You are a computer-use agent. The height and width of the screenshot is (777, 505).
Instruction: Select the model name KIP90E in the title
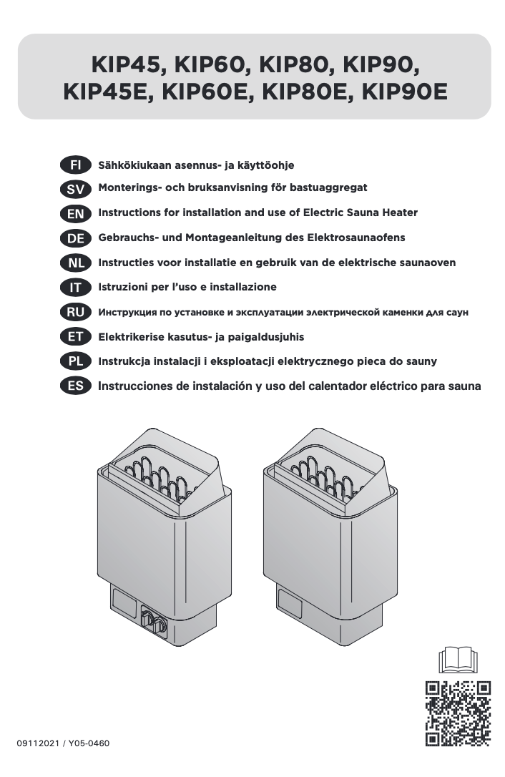[x=404, y=92]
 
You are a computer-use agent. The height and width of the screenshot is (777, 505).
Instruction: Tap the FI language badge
[x=75, y=165]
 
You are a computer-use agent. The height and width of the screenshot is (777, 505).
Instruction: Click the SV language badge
[x=75, y=189]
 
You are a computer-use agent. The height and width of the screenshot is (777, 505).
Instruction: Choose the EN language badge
[x=75, y=214]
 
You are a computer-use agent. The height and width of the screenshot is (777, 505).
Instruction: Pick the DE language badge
[x=75, y=238]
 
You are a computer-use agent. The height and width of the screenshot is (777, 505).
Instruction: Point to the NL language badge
[x=75, y=263]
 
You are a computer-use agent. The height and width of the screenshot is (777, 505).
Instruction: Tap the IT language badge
[x=75, y=287]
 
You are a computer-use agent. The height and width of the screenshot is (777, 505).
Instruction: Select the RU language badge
[x=75, y=312]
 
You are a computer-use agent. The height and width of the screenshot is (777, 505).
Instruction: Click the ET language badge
[x=75, y=336]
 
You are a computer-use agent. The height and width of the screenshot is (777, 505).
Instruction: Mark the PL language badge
[x=75, y=361]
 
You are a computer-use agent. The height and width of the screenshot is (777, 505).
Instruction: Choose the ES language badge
[x=75, y=386]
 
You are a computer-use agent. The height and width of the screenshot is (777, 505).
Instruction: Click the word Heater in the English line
[x=399, y=212]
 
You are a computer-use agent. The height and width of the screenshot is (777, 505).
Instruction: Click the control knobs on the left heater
[x=154, y=620]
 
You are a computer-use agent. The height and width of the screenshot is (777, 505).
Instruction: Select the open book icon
[x=458, y=660]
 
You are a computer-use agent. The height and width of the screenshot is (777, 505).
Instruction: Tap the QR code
[x=458, y=713]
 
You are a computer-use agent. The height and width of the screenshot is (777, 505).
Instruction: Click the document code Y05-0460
[x=89, y=743]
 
